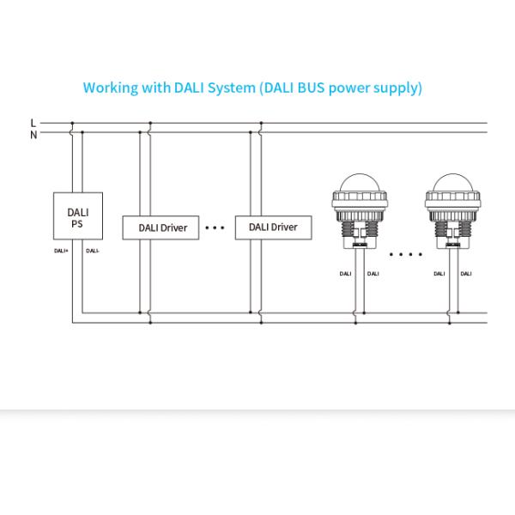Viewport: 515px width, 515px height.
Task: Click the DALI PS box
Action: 78,216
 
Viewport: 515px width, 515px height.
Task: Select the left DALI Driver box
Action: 162,227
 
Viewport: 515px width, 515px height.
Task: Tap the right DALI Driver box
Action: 273,227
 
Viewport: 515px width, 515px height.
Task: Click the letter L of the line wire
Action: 33,123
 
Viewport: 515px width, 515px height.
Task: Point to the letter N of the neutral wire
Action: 33,134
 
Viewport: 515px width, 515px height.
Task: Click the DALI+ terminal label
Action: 62,251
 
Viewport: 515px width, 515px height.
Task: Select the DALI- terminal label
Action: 93,251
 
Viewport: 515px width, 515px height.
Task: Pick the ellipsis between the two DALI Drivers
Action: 215,228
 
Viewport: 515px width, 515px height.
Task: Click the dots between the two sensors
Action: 406,254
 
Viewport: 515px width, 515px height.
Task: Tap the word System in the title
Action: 229,88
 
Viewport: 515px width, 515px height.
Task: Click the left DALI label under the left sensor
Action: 344,274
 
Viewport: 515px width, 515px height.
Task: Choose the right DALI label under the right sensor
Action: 465,274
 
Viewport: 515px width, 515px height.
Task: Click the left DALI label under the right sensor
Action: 439,274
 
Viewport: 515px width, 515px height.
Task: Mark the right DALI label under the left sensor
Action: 372,274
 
